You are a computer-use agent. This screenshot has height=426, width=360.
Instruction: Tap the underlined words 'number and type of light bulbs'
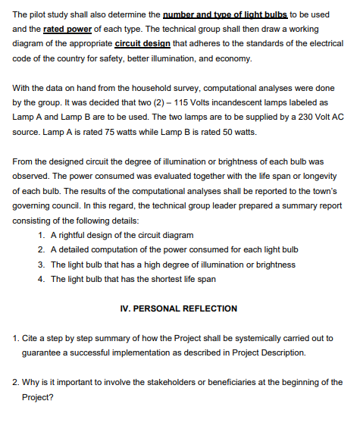pyautogui.click(x=224, y=14)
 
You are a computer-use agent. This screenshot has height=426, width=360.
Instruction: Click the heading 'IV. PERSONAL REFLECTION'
pyautogui.click(x=180, y=309)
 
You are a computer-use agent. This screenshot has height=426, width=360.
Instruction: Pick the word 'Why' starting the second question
pyautogui.click(x=31, y=382)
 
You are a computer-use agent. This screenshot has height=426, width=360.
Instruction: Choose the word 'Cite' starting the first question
pyautogui.click(x=30, y=338)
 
